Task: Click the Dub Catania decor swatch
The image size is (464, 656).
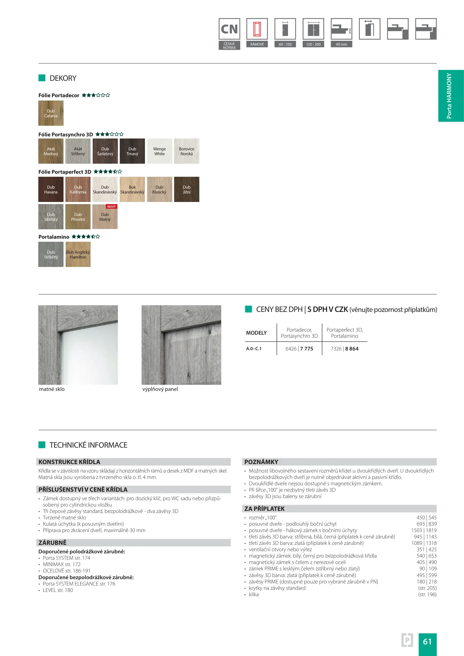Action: pos(51,113)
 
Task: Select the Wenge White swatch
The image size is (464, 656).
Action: pos(159,151)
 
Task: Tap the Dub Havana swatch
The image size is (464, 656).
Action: pos(51,190)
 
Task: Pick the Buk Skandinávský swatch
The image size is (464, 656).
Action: pos(132,190)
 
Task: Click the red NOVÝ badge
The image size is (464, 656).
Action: pos(112,207)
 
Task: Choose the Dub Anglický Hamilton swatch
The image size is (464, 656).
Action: pos(78,255)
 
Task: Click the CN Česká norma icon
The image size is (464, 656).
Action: pos(229,33)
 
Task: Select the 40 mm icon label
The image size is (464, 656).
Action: pos(341,44)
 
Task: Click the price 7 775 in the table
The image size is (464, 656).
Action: pos(307,349)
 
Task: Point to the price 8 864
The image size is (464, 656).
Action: pos(352,349)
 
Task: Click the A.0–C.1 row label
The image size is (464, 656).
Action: pos(254,349)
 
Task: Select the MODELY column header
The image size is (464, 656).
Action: pos(256,333)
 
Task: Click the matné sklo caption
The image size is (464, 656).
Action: pos(52,389)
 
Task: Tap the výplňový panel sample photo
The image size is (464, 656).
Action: pos(181,345)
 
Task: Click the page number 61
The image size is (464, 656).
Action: pos(427,641)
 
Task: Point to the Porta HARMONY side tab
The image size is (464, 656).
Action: pos(451,96)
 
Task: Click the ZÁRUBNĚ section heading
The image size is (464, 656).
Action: pos(52,543)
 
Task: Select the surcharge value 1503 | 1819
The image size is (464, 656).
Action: pos(424,530)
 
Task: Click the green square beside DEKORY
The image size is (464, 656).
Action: pos(42,78)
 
